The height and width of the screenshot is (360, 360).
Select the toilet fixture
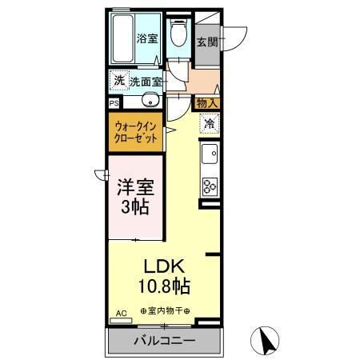(x=181, y=36)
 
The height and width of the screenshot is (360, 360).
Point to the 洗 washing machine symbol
(x=118, y=80)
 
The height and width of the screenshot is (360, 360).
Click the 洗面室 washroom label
(x=146, y=81)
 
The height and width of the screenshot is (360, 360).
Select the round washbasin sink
(x=149, y=102)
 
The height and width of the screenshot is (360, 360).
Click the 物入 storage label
(x=206, y=102)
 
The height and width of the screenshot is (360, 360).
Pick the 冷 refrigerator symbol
(x=209, y=124)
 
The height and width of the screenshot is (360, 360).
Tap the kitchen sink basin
(x=210, y=154)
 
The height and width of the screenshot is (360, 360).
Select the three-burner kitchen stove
(x=210, y=186)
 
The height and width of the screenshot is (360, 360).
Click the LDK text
(x=165, y=266)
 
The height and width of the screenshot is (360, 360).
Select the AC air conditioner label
(x=122, y=313)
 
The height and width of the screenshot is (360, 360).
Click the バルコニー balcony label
(x=163, y=342)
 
